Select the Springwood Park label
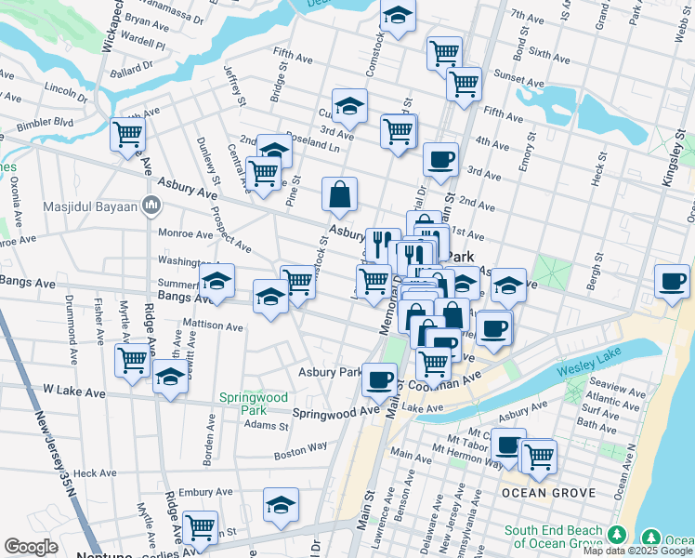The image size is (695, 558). point(243,403)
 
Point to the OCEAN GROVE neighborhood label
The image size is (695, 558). point(542,491)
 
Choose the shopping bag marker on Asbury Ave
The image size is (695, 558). point(340,194)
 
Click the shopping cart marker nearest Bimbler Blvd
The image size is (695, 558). point(127,133)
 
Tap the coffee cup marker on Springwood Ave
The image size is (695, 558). point(379,379)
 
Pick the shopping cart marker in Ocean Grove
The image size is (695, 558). point(539,457)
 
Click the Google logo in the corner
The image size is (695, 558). point(31,547)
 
